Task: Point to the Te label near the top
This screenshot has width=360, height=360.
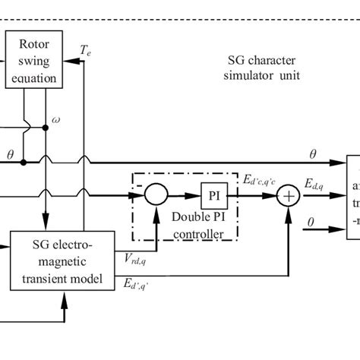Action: pyautogui.click(x=86, y=50)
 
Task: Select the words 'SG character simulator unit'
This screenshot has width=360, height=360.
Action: pyautogui.click(x=268, y=67)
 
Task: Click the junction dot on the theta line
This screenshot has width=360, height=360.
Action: pyautogui.click(x=24, y=162)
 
